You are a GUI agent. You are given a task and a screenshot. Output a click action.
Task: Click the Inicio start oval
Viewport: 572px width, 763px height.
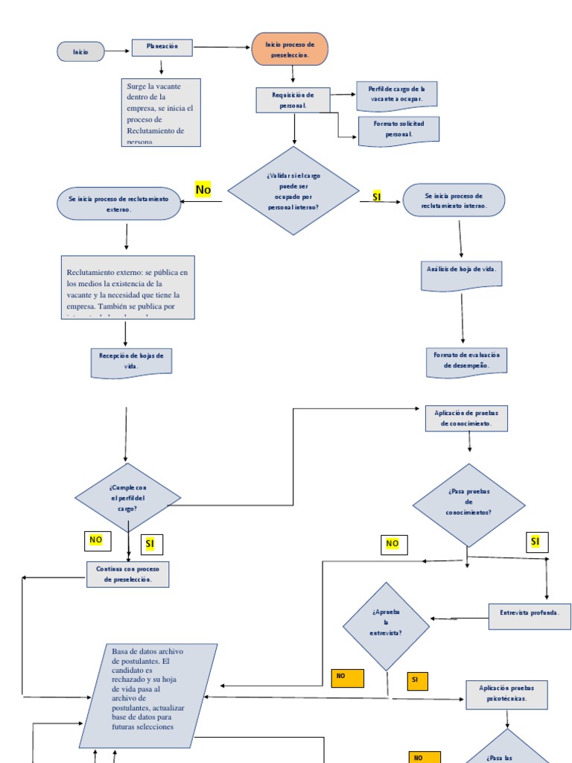[x=80, y=51]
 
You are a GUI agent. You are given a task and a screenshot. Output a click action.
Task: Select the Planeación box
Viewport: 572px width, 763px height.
[x=162, y=48]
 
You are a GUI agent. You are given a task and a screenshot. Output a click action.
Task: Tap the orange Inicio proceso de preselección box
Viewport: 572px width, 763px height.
[x=290, y=49]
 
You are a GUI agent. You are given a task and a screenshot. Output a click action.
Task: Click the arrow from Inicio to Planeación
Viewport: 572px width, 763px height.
[x=118, y=51]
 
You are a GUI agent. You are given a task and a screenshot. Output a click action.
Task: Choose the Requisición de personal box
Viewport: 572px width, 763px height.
[x=293, y=100]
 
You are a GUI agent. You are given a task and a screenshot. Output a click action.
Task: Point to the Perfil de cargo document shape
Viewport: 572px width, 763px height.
[x=395, y=95]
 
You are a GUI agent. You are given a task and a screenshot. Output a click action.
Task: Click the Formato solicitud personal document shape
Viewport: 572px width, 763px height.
[x=398, y=129]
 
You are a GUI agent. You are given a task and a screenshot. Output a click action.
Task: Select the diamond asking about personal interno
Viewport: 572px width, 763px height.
[x=293, y=191]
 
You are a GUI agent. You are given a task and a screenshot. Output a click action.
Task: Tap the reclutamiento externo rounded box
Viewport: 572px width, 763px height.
[x=118, y=203]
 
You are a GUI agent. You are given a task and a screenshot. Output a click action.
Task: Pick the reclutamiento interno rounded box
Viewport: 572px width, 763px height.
[x=454, y=200]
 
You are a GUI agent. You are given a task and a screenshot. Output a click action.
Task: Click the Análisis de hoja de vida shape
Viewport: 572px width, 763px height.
[x=461, y=274]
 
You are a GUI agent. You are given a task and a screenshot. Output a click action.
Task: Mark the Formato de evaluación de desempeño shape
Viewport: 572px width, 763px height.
[x=466, y=361]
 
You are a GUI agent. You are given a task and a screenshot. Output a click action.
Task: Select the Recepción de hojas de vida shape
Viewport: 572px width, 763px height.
[x=131, y=361]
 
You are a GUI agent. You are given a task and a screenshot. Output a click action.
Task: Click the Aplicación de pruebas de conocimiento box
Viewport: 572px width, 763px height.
[x=466, y=418]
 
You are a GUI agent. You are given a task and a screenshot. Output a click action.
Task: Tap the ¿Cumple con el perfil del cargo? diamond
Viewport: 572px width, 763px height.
[x=127, y=498]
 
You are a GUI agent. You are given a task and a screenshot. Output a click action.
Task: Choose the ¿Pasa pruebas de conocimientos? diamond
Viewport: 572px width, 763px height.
[x=468, y=504]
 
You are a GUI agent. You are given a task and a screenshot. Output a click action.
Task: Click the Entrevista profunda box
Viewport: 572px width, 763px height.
[x=530, y=616]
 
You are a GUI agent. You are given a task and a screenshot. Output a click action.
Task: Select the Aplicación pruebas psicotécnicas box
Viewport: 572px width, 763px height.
[x=506, y=694]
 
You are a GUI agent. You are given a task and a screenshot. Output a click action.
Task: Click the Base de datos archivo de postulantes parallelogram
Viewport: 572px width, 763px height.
[x=148, y=695]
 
